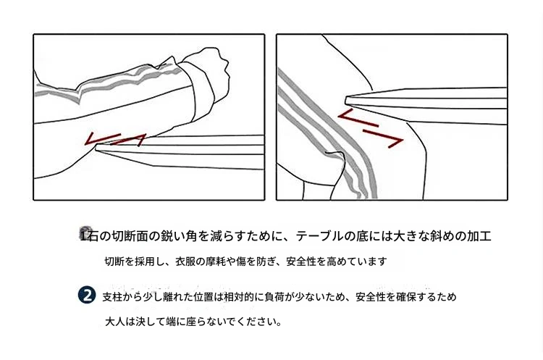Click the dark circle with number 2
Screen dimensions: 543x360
click(87, 296)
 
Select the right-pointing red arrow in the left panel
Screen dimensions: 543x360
click(129, 140)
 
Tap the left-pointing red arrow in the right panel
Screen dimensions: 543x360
click(358, 117)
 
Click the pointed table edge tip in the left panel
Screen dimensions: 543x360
click(96, 148)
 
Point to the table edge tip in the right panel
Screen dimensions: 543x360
click(346, 101)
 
